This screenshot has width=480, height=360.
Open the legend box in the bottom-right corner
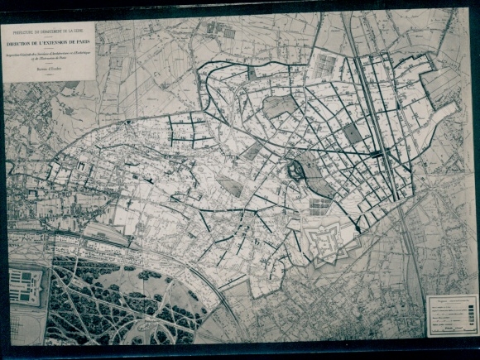450,316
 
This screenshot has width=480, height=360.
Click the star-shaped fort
329,242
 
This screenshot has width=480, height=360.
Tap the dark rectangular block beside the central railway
353,132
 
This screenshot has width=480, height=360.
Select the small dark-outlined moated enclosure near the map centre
295,172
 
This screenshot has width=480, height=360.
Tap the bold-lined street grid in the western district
190,131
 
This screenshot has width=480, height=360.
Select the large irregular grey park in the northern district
279,105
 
